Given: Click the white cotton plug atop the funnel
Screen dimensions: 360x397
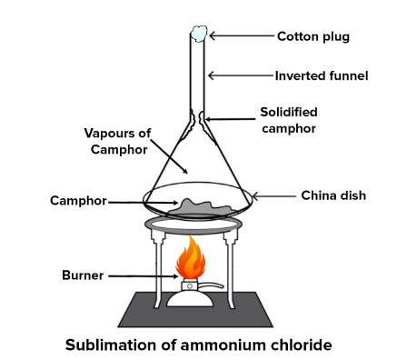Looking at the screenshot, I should pos(199,33).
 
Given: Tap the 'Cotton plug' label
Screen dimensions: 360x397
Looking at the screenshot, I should pos(313,37).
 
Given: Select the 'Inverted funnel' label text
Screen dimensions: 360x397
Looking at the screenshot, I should pos(322,75).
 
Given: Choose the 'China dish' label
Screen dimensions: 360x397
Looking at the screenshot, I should pos(332,195).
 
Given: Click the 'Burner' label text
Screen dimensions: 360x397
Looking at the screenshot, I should pos(83,274).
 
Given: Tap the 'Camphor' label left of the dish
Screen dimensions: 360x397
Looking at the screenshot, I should pos(79,200).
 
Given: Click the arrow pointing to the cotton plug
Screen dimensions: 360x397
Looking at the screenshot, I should pos(241,37).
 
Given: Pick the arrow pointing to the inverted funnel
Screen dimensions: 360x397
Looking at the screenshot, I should pos(241,75).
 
